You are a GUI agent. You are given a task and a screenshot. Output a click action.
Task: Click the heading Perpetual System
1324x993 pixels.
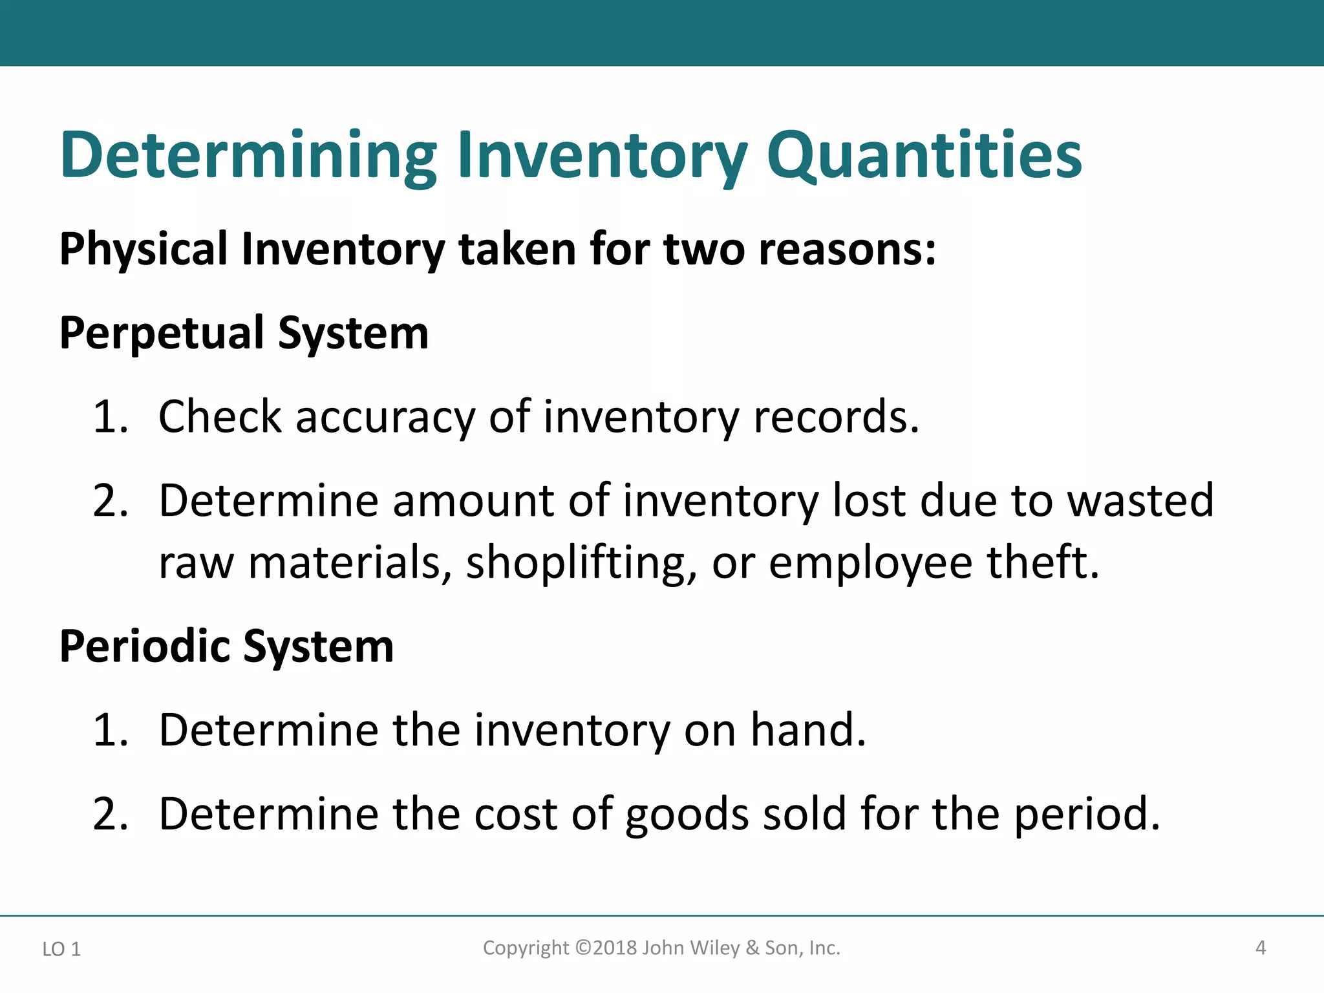pos(244,334)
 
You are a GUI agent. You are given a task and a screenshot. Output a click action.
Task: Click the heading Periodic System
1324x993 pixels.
pos(226,646)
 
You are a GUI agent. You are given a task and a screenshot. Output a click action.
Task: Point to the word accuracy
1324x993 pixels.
pos(385,417)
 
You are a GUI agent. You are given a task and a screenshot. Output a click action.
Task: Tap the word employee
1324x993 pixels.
pos(870,562)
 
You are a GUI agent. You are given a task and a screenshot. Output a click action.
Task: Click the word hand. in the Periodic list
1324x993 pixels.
pos(807,730)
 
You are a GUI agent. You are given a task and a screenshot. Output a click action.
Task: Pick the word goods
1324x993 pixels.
pos(687,814)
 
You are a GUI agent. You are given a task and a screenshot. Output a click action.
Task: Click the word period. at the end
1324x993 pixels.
pos(1087,814)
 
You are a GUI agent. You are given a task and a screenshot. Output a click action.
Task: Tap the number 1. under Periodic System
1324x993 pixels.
pos(111,730)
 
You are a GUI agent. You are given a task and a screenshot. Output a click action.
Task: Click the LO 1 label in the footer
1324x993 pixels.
pos(61,949)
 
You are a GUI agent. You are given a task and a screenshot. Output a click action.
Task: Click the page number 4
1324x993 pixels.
pos(1260,948)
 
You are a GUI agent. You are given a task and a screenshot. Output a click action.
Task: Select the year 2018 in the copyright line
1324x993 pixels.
pos(615,948)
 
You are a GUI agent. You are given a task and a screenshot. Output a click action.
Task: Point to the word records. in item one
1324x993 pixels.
pos(837,417)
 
